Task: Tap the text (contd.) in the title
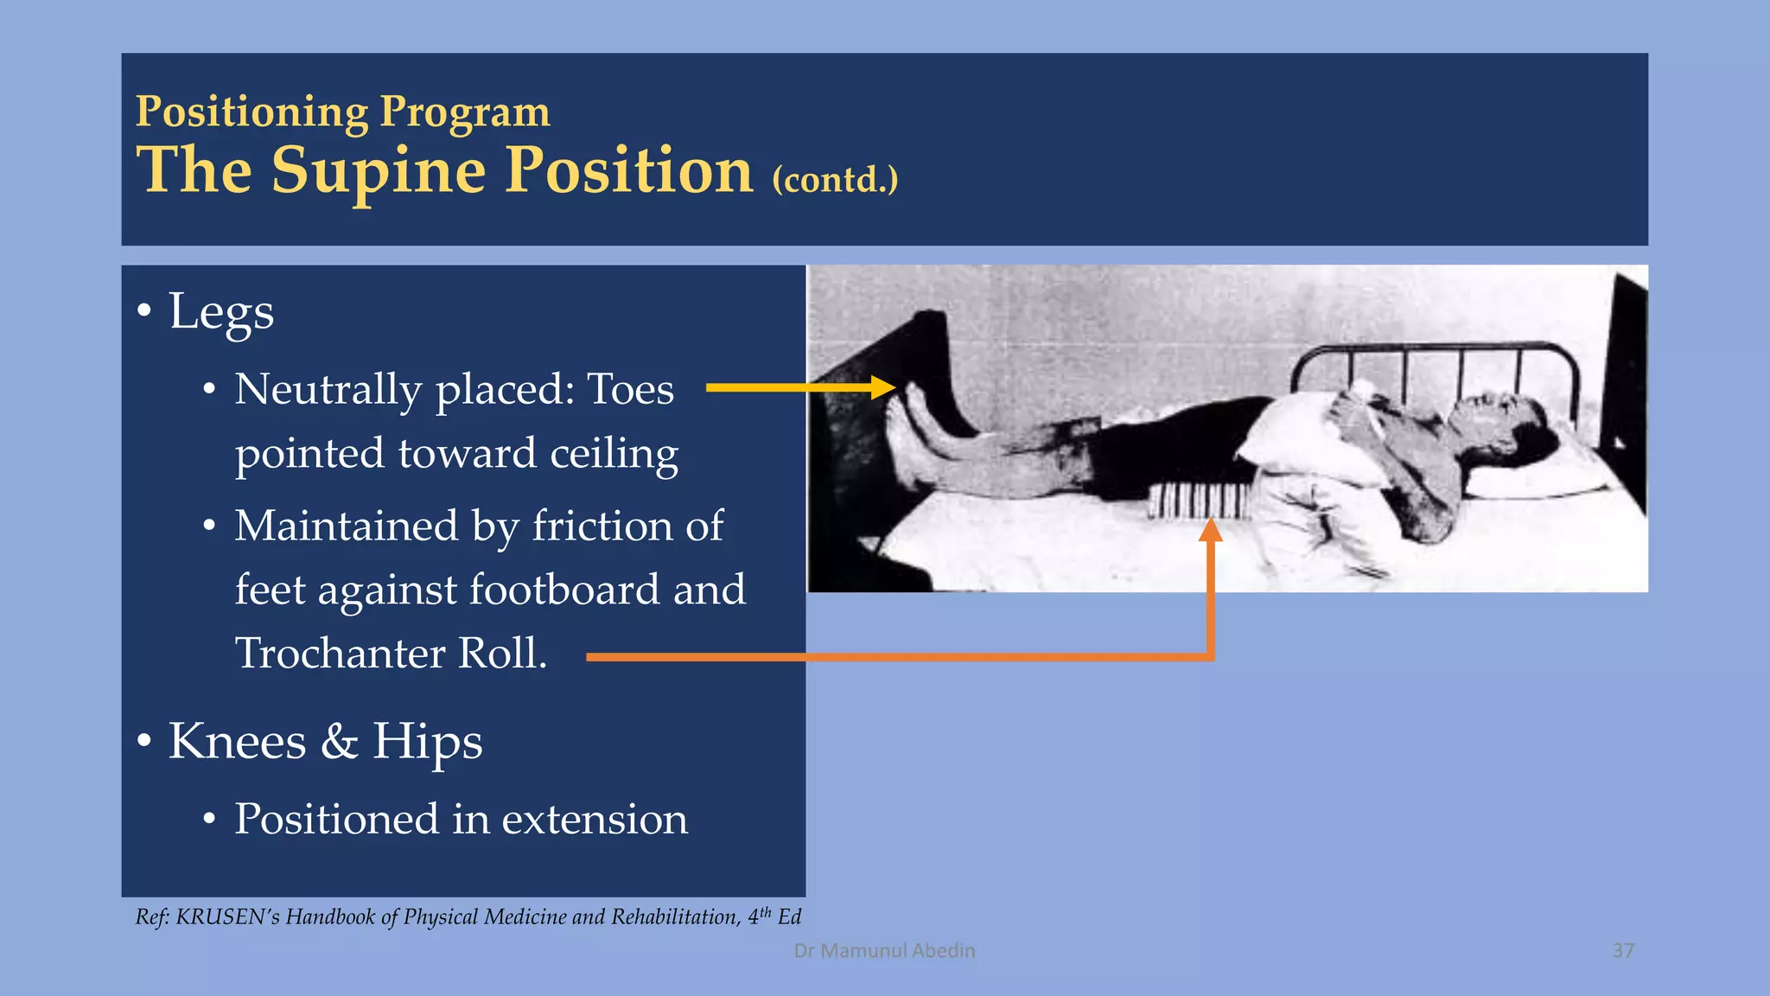[x=835, y=180]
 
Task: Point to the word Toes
[x=630, y=389]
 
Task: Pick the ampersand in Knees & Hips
[x=339, y=742]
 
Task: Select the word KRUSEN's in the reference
[x=227, y=916]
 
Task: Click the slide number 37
[x=1623, y=951]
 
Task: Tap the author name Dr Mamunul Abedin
[x=884, y=951]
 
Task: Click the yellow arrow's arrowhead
[x=883, y=387]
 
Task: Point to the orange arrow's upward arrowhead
[x=1211, y=529]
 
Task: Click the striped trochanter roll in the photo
[x=1200, y=500]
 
